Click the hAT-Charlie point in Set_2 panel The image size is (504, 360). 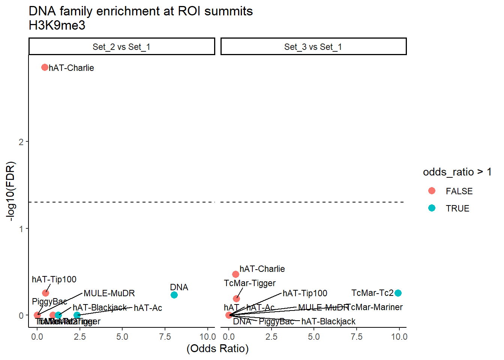click(x=45, y=67)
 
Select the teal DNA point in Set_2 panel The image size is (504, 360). click(x=174, y=295)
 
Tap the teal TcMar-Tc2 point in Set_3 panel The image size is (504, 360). click(x=398, y=293)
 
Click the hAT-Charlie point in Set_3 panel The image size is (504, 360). click(x=235, y=274)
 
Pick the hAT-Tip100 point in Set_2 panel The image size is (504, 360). click(x=45, y=293)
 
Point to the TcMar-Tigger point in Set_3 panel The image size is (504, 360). click(x=236, y=298)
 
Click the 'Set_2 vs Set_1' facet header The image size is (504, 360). click(x=121, y=47)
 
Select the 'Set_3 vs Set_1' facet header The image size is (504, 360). click(x=313, y=47)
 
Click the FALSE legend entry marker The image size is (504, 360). click(x=432, y=191)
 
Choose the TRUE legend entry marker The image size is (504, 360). click(x=432, y=208)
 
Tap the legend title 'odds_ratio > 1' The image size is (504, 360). click(x=457, y=172)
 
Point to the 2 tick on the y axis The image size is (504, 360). click(x=21, y=142)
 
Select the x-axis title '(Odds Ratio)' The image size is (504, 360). click(x=217, y=348)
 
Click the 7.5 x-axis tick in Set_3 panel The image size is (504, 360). click(x=356, y=337)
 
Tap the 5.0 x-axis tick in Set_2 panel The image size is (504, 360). click(x=122, y=337)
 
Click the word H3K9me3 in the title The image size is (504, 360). click(x=57, y=25)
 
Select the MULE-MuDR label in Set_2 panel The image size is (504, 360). click(x=109, y=293)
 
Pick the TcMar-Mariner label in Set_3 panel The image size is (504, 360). click(x=375, y=307)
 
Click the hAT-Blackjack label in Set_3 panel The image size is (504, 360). click(x=328, y=321)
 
